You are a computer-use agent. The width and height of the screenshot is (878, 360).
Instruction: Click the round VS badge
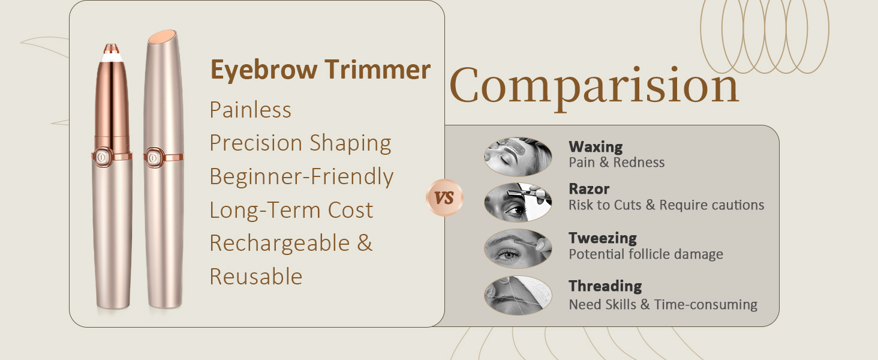tap(444, 197)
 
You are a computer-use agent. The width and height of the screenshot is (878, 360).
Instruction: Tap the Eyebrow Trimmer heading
tap(320, 70)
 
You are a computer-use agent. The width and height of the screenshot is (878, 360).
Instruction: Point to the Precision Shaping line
tap(300, 143)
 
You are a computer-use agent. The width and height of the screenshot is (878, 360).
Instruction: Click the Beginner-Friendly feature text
tap(302, 176)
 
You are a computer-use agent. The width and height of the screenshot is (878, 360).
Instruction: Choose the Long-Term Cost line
tap(291, 210)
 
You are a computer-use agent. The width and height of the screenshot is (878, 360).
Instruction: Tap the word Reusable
tap(256, 277)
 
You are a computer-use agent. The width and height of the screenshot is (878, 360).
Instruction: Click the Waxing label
tap(596, 146)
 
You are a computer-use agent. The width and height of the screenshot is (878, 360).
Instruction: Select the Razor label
tap(589, 189)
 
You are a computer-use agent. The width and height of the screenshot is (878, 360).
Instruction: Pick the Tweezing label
tap(603, 238)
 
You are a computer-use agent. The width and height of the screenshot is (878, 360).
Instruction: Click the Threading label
tap(605, 286)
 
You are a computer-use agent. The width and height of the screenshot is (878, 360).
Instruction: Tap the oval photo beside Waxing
tap(518, 157)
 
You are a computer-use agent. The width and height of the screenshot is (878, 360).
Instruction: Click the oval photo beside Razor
tap(518, 202)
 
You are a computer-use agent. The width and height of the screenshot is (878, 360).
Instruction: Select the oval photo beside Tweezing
tap(518, 248)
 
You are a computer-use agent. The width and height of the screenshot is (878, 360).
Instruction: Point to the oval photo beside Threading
tap(518, 295)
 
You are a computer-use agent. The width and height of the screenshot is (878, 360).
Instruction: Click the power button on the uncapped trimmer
tap(102, 157)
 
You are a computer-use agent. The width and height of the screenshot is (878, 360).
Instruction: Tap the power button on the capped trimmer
tap(153, 158)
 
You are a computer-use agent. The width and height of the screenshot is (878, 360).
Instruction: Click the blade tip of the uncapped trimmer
tap(111, 49)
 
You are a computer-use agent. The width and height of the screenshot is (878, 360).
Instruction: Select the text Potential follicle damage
tap(645, 254)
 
